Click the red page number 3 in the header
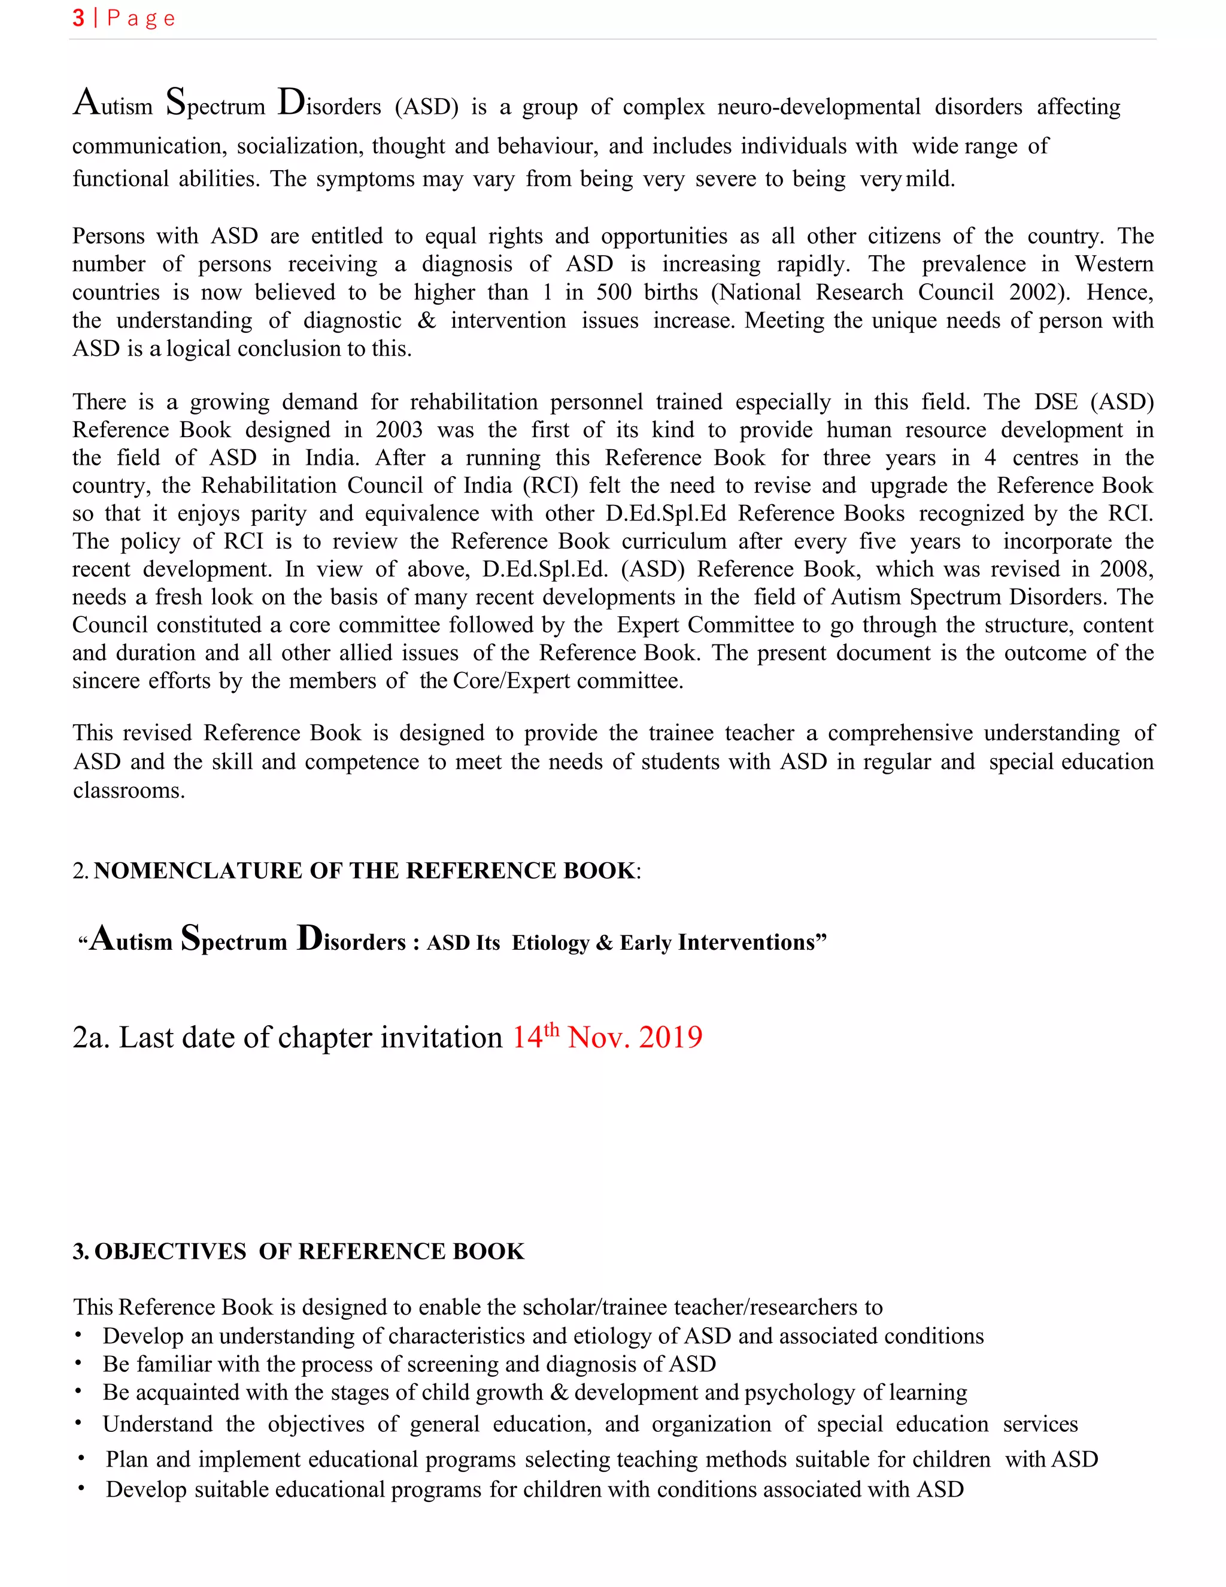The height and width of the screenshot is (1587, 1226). coord(78,18)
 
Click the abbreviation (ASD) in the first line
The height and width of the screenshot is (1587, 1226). coord(426,108)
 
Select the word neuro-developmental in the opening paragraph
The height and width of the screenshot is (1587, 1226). coord(818,108)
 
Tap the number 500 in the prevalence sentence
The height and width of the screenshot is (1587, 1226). coord(613,292)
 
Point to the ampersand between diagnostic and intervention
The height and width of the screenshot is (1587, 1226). coord(426,320)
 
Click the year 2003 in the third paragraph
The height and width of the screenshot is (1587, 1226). coord(399,430)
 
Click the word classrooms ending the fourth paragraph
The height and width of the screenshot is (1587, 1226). coord(129,791)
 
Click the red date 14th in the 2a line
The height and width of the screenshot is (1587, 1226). coord(535,1036)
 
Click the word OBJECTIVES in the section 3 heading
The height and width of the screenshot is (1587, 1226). coord(170,1251)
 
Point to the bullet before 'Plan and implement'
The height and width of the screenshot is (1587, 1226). coord(81,1458)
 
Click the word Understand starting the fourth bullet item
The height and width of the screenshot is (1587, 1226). coord(157,1424)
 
